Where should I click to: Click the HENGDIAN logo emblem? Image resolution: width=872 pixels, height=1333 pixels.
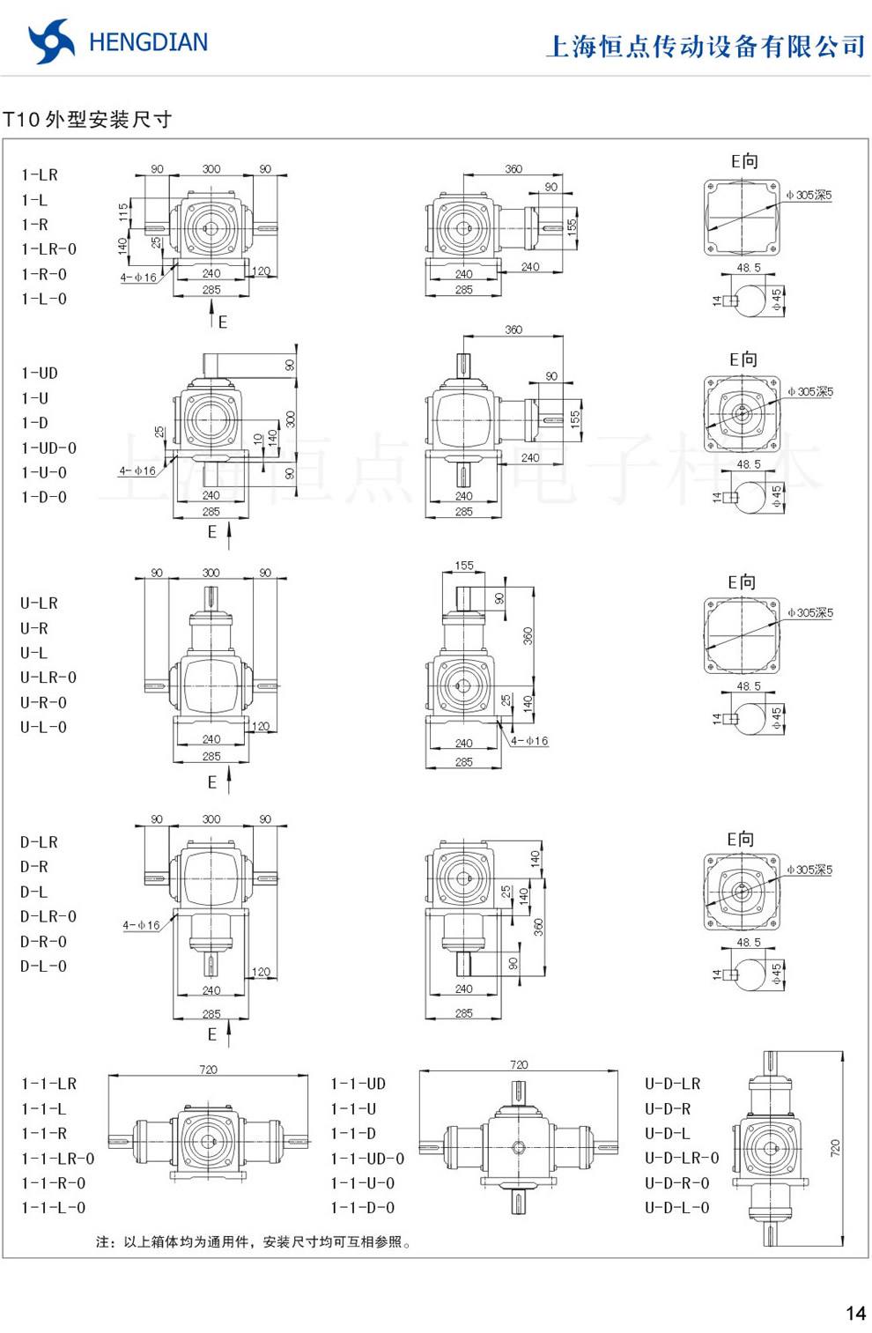(51, 41)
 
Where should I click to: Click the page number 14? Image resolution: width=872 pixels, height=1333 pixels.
(855, 1314)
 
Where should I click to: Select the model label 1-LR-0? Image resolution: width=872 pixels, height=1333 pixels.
(48, 249)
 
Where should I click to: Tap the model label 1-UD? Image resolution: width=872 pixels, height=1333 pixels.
(40, 374)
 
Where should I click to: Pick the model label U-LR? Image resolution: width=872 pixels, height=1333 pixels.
(39, 604)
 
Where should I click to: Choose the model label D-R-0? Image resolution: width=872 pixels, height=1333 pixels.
(43, 942)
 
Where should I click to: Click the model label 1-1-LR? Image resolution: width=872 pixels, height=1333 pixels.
(48, 1084)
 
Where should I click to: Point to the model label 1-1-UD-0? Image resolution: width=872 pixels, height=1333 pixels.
(367, 1159)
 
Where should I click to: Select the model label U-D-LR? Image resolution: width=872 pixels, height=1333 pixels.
(672, 1084)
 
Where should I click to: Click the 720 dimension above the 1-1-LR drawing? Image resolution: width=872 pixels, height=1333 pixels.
(208, 1070)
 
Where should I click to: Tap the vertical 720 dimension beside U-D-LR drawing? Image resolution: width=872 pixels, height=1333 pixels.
(835, 1148)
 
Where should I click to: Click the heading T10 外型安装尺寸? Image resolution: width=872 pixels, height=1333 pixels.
(87, 120)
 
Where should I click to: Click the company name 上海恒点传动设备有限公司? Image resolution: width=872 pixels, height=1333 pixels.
(706, 46)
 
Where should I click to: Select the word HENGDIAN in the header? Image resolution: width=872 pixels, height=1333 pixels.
(148, 42)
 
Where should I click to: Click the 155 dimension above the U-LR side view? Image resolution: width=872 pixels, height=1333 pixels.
(464, 566)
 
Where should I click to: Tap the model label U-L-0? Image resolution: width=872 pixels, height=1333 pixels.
(43, 728)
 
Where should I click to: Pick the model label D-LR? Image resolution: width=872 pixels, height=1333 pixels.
(39, 842)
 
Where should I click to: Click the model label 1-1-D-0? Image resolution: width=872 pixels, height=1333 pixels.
(362, 1208)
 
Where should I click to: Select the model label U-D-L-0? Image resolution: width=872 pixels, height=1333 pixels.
(676, 1208)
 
